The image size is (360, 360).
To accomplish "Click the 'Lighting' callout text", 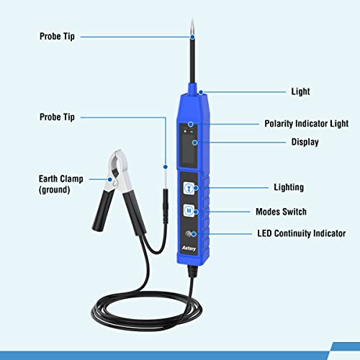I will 269,188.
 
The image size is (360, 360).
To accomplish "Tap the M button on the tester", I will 189,212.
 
